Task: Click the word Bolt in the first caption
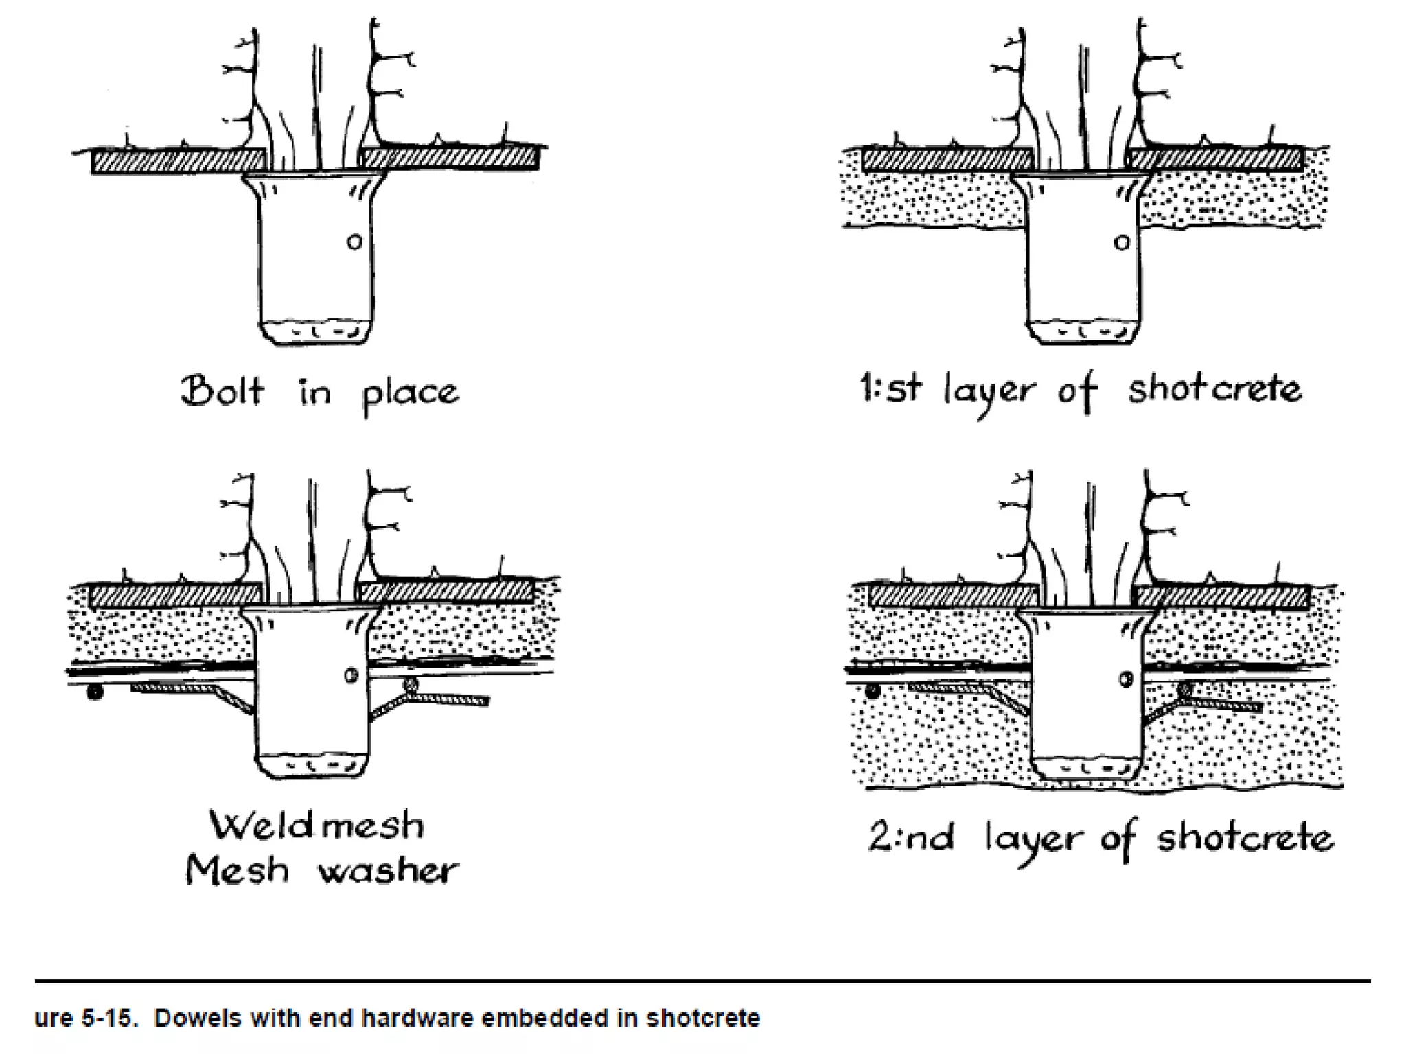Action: point(222,391)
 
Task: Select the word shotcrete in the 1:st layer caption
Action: point(1214,389)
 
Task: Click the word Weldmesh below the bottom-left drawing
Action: point(316,825)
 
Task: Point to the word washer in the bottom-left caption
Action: point(388,871)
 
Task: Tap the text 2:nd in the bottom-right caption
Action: point(910,838)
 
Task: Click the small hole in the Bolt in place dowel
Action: point(354,242)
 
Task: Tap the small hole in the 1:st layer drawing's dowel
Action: point(1121,242)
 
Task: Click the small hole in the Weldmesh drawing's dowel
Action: point(351,675)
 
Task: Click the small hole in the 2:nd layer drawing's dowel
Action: point(1126,679)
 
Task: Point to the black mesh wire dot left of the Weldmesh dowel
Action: point(95,693)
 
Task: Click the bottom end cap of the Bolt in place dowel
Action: point(316,332)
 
